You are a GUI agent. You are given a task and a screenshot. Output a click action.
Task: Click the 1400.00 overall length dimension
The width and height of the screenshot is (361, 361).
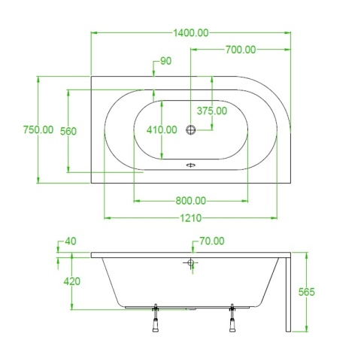[x=191, y=33]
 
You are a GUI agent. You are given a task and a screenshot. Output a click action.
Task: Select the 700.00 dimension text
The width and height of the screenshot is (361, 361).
[x=241, y=50]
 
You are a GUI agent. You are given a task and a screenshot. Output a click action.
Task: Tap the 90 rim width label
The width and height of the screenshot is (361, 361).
[x=165, y=61]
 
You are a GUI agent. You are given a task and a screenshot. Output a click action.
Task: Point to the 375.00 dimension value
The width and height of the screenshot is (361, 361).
[x=212, y=111]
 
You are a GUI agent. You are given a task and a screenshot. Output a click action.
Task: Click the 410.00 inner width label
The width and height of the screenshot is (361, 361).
[x=162, y=130]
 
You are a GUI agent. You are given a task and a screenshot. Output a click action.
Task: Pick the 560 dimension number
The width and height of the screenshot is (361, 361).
[x=68, y=131]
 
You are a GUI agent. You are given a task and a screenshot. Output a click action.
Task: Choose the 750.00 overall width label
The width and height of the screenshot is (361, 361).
[x=38, y=130]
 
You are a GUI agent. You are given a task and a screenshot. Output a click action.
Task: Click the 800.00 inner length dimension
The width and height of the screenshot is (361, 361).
[x=190, y=201]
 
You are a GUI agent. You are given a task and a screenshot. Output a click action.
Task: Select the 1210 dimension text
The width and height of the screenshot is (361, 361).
[x=191, y=218]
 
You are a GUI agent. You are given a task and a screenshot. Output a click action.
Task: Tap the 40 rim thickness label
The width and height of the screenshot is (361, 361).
[x=71, y=241]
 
